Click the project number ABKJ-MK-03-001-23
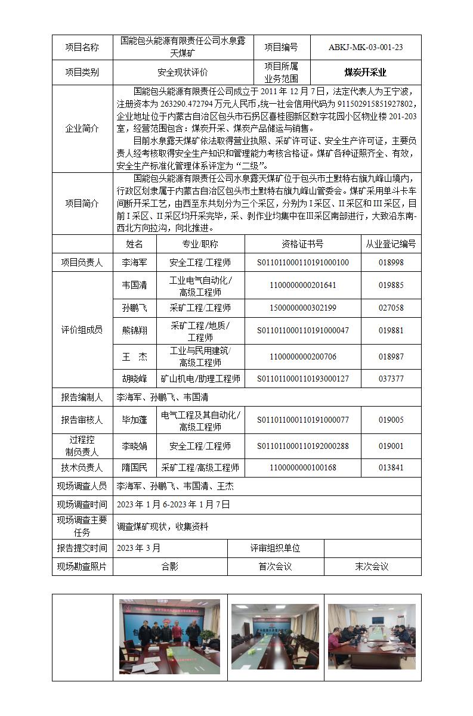(x=365, y=48)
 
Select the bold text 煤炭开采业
(x=365, y=73)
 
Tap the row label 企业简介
(x=82, y=129)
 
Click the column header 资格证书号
(x=302, y=244)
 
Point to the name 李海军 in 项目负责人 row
(x=134, y=262)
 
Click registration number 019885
(x=391, y=285)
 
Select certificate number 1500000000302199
(x=302, y=308)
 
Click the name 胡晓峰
(x=134, y=379)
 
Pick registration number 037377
(x=391, y=379)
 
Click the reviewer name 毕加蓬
(x=134, y=420)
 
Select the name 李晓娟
(x=134, y=446)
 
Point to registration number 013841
(x=391, y=468)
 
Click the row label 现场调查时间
(x=82, y=504)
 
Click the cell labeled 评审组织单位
(x=275, y=548)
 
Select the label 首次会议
(x=275, y=567)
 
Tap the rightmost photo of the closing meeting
(x=367, y=636)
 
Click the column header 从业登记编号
(x=391, y=244)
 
